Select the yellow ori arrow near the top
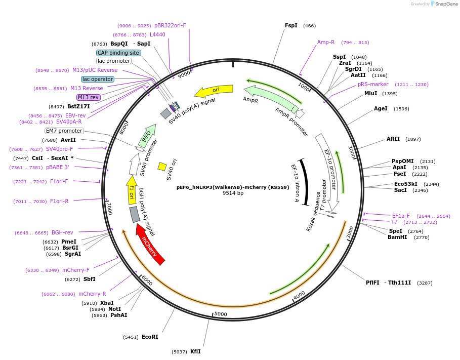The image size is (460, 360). [214, 91]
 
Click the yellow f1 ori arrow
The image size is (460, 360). [132, 190]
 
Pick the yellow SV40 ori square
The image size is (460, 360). [162, 167]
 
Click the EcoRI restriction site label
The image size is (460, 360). [150, 337]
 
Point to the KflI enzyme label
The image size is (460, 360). [195, 351]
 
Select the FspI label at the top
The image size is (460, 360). [291, 25]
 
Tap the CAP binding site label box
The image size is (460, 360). [118, 53]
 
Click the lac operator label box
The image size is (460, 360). [97, 79]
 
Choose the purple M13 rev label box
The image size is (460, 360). [89, 97]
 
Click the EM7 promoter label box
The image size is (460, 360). [64, 131]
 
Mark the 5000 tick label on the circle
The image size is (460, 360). [221, 314]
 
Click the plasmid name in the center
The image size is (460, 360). [233, 187]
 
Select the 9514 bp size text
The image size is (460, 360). [233, 193]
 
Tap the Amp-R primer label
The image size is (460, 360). [325, 43]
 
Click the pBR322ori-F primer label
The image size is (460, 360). [170, 25]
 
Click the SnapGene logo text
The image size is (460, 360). [446, 4]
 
